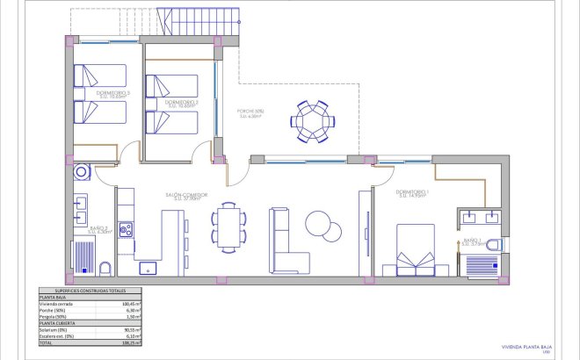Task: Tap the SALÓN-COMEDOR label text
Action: pos(185,196)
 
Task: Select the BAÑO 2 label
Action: pos(98,229)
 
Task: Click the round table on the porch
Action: pos(312,121)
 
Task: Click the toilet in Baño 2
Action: pos(105,268)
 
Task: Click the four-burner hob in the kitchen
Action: pos(126,231)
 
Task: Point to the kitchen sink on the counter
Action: pos(149,265)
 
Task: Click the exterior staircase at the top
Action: pos(198,21)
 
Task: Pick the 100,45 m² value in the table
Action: pos(131,304)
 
